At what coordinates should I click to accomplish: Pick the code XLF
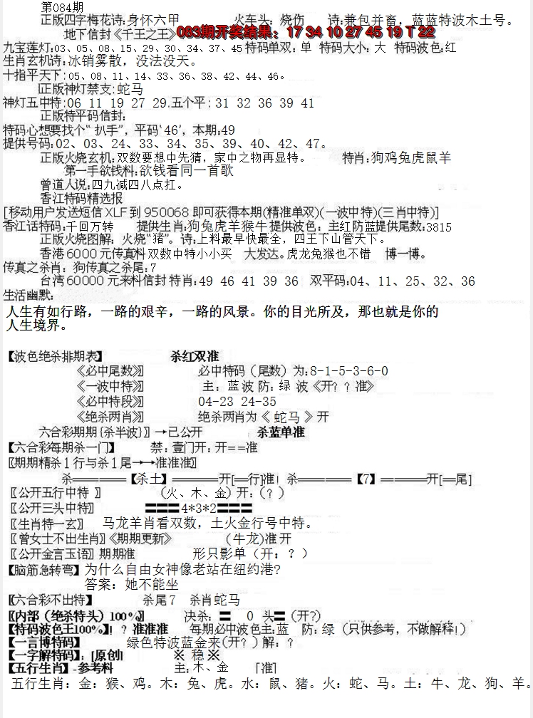tap(117, 212)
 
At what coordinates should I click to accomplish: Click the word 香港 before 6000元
tap(53, 253)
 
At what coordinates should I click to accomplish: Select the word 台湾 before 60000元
tap(53, 281)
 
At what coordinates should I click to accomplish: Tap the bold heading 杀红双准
tap(195, 355)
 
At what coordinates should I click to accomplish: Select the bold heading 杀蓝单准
tap(281, 432)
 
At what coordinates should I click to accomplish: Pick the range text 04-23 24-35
tap(237, 401)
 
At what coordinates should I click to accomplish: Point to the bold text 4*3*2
tap(197, 508)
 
